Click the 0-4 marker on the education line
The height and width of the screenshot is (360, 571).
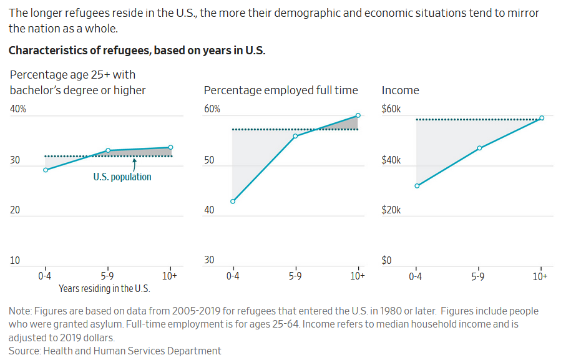pyautogui.click(x=46, y=170)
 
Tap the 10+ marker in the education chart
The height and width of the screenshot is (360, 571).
pyautogui.click(x=170, y=147)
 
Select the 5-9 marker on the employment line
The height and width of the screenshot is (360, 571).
pyautogui.click(x=295, y=135)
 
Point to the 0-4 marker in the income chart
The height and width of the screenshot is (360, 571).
pyautogui.click(x=417, y=185)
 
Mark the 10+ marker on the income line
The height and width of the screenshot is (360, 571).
pyautogui.click(x=542, y=117)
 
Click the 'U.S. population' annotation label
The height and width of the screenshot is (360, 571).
pyautogui.click(x=122, y=177)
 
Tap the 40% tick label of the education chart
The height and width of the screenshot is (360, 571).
pyautogui.click(x=17, y=109)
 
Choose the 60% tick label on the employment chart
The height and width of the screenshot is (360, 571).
pyautogui.click(x=212, y=109)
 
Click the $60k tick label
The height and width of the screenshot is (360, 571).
pyautogui.click(x=391, y=109)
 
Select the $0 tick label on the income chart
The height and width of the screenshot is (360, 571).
pyautogui.click(x=386, y=260)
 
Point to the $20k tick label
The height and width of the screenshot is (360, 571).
pyautogui.click(x=391, y=210)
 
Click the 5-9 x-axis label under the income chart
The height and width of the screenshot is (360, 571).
pyautogui.click(x=478, y=276)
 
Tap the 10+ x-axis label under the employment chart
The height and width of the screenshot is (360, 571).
pyautogui.click(x=358, y=276)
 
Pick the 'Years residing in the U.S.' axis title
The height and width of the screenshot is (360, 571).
pyautogui.click(x=105, y=288)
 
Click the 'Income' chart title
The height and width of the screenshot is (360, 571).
pyautogui.click(x=400, y=90)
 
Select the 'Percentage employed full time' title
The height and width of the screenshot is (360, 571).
pyautogui.click(x=281, y=90)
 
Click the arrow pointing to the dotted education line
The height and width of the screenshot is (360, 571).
pyautogui.click(x=135, y=163)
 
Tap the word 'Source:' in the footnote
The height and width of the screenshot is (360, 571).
pyautogui.click(x=24, y=351)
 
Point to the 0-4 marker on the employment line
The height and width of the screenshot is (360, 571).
pyautogui.click(x=233, y=201)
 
